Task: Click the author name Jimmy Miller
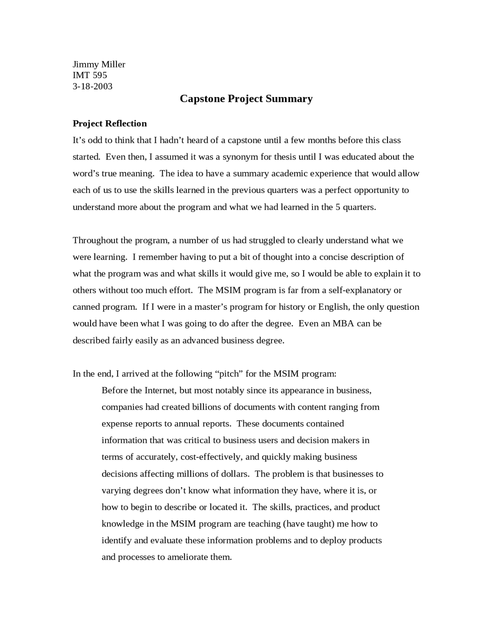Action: pyautogui.click(x=99, y=64)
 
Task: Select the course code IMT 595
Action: pyautogui.click(x=90, y=75)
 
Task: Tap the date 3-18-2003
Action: pyautogui.click(x=92, y=86)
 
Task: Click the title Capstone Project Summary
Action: pyautogui.click(x=246, y=99)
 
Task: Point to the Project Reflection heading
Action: pyautogui.click(x=110, y=124)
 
